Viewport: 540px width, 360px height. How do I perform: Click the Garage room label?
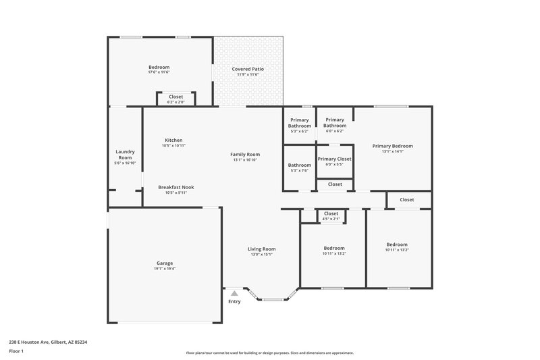click(165, 263)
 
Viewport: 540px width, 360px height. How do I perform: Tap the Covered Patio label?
click(248, 69)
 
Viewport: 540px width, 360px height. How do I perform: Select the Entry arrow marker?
click(234, 293)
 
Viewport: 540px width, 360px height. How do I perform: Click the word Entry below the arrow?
click(234, 301)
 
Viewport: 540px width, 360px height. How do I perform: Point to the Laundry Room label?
click(125, 155)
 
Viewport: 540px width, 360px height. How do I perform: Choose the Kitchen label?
click(173, 140)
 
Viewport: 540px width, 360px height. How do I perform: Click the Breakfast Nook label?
click(175, 187)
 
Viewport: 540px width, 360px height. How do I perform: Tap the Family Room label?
click(246, 154)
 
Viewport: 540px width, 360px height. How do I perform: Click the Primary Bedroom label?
click(392, 146)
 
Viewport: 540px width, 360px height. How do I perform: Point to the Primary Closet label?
click(335, 159)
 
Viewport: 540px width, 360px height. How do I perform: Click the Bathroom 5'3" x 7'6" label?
click(299, 165)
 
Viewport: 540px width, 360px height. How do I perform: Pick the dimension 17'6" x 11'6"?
click(159, 73)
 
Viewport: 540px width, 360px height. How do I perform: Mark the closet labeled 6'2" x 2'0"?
click(175, 99)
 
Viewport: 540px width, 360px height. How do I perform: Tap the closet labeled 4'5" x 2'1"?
click(331, 215)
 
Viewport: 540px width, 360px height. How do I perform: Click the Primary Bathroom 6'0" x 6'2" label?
click(335, 125)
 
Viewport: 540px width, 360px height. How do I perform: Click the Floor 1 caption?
click(16, 351)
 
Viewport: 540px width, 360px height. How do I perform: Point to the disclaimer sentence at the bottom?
click(269, 353)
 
